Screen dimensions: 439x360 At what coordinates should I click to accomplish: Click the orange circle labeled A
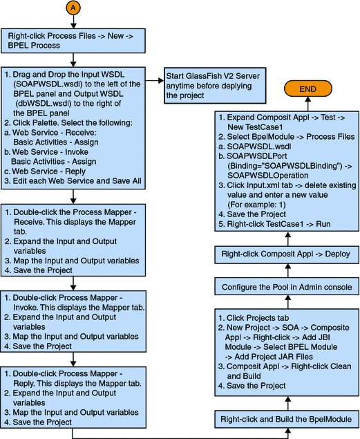73,8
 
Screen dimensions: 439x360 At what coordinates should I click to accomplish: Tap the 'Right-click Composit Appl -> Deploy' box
285,254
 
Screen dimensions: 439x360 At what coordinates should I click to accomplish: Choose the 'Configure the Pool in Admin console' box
285,286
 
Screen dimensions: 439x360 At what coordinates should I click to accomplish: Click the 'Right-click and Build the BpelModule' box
285,419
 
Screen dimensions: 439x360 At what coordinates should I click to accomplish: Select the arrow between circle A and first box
73,24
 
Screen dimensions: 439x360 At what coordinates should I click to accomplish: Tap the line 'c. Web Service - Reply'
46,171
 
